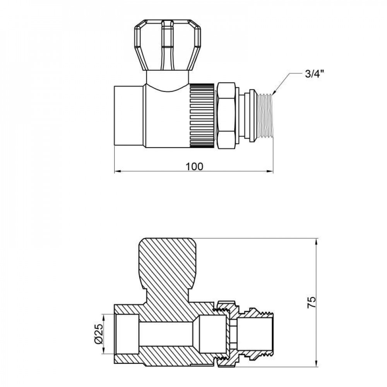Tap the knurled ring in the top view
(x=202, y=115)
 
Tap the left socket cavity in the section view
(x=127, y=334)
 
